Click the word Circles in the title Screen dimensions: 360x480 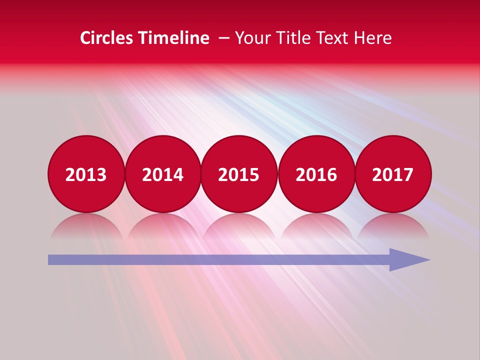click(x=107, y=38)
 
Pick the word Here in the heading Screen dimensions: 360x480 click(x=373, y=38)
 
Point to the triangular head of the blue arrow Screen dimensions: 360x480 click(x=407, y=259)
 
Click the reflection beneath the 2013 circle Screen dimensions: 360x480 click(x=86, y=225)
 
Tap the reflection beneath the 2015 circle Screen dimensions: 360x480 click(x=239, y=225)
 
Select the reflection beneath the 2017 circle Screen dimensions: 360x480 click(x=393, y=225)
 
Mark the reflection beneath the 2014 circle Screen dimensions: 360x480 click(x=163, y=225)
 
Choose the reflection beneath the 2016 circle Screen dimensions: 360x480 click(x=316, y=225)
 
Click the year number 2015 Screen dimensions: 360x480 click(x=239, y=175)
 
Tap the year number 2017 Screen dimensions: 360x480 click(x=393, y=175)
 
